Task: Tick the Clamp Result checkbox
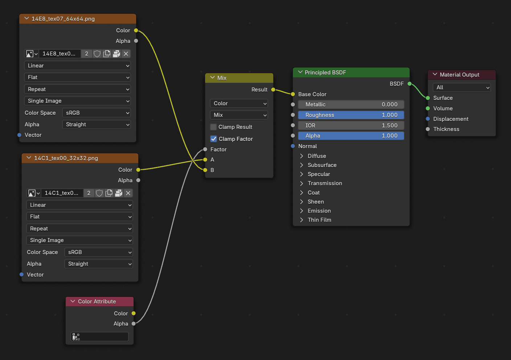[213, 127]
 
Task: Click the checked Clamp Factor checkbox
[213, 139]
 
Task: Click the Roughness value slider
[351, 115]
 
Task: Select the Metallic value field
[351, 105]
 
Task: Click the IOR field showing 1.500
[351, 126]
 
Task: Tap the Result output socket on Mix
[273, 90]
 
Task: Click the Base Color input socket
[293, 94]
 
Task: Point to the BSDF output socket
[409, 84]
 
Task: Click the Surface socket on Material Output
[428, 98]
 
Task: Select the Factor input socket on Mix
[205, 150]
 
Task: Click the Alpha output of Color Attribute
[134, 323]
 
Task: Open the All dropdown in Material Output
[462, 87]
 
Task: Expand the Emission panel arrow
[302, 211]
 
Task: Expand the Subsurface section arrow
[302, 165]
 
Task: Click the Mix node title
[222, 78]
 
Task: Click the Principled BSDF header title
[325, 73]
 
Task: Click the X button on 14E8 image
[126, 54]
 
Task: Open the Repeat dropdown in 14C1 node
[79, 229]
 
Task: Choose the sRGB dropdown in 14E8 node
[96, 113]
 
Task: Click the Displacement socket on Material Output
[428, 119]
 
